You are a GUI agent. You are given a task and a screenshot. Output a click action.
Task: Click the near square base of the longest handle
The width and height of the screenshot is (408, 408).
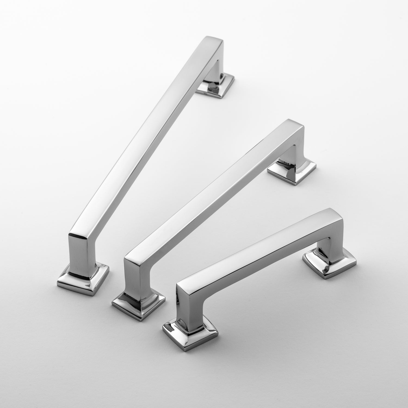83,280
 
